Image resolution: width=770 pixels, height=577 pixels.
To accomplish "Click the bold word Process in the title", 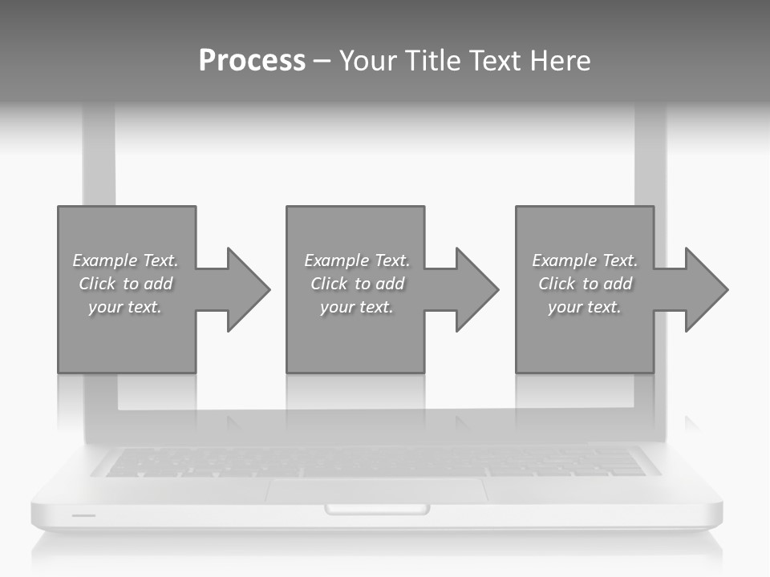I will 252,61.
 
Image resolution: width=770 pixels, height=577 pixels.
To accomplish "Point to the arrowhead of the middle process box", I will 476,289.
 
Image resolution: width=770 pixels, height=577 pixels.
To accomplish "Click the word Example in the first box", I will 104,260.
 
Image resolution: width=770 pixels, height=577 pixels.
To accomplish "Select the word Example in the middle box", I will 336,260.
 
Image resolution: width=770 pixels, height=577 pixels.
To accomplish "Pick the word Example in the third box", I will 564,260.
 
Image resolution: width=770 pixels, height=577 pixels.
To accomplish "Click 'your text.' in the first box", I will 125,307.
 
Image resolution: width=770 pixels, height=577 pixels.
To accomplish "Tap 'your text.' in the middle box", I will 357,307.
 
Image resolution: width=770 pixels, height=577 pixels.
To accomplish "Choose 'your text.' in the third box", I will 585,307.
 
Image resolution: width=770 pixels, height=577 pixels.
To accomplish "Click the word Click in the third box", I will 557,284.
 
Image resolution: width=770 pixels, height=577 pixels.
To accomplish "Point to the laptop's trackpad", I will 377,490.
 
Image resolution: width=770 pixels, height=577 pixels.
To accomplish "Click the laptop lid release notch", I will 377,509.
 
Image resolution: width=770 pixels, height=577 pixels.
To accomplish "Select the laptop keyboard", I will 377,462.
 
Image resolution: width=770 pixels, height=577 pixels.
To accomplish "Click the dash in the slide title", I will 322,61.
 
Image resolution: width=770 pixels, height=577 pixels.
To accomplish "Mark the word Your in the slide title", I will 367,61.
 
